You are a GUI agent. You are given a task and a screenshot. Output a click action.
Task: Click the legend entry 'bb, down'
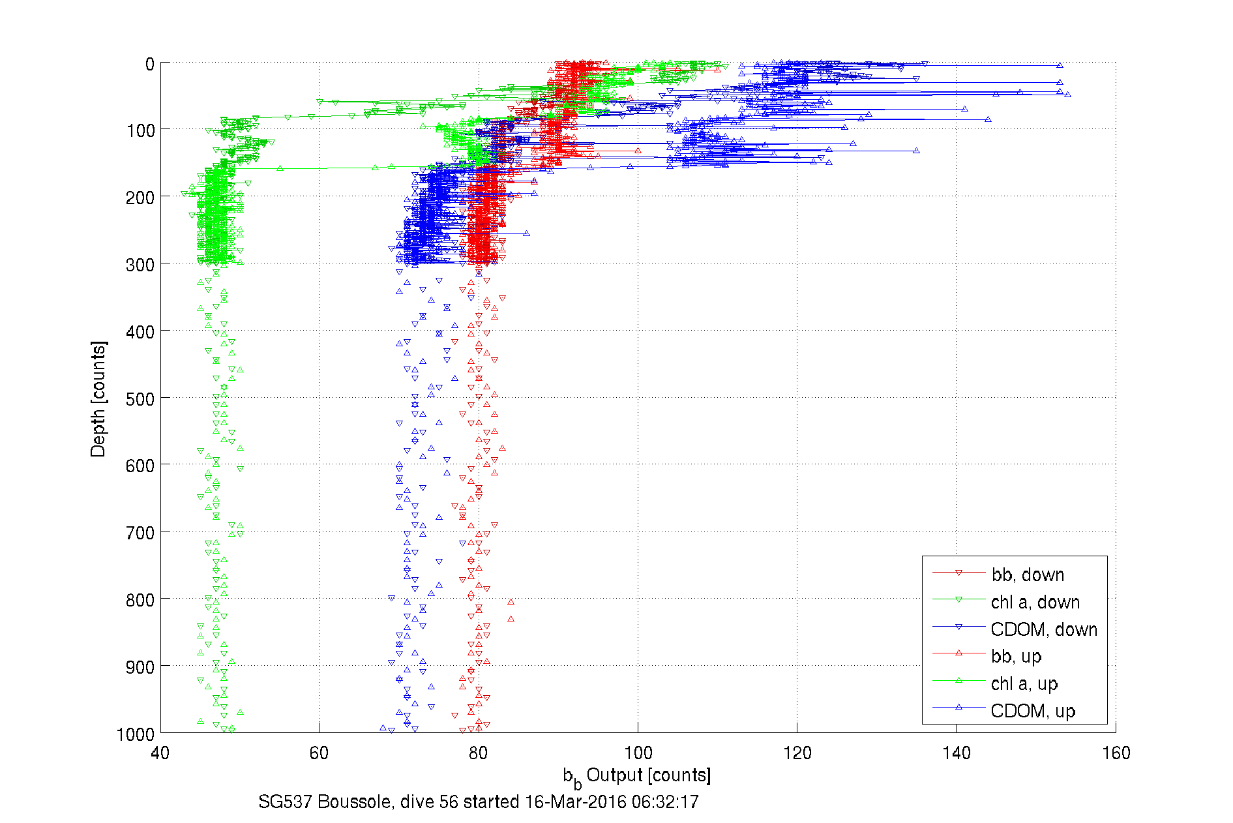coord(1028,575)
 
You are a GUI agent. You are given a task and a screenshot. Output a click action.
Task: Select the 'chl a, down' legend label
coord(1035,602)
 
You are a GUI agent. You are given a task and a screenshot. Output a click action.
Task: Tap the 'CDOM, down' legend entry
coord(1043,629)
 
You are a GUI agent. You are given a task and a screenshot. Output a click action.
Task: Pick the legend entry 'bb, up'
coord(1016,656)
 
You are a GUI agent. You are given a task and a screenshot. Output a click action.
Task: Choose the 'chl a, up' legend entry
coord(1024,683)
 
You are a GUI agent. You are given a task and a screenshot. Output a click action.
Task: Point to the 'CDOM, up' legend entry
coord(1032,711)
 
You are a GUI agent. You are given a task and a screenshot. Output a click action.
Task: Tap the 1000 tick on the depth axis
coord(136,734)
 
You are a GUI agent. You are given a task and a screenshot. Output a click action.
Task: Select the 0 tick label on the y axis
coord(150,65)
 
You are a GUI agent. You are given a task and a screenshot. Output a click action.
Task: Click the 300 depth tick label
coord(140,265)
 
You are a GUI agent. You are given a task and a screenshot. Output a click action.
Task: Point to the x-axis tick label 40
coord(160,753)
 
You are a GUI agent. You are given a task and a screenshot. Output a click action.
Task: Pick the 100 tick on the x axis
coord(638,753)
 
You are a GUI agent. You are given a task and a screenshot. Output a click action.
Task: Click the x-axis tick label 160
coord(1116,753)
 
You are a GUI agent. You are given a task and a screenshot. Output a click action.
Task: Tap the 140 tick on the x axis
coord(956,753)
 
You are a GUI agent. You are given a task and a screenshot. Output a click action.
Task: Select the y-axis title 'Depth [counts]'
coord(98,398)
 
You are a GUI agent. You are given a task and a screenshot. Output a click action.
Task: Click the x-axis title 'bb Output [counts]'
coord(637,776)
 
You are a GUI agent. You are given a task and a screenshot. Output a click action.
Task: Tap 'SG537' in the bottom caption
coord(285,801)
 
